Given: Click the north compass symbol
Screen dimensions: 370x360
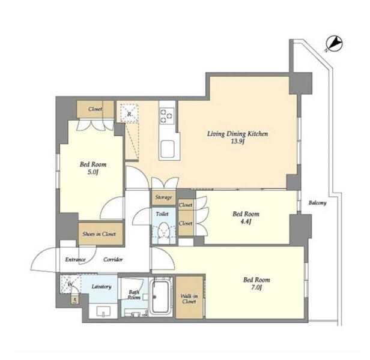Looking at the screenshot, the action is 334,44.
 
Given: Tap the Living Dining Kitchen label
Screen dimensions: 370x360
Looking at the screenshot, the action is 237,134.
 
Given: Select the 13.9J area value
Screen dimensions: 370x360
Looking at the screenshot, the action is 237,142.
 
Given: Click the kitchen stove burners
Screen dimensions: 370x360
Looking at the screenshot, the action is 167,116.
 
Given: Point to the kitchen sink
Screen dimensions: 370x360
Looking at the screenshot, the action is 168,149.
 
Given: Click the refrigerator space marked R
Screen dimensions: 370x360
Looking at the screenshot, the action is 129,113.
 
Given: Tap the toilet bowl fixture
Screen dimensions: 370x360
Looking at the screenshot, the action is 164,231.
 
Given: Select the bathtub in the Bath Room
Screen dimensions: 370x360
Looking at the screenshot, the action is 161,295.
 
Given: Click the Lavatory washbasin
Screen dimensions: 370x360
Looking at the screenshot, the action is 103,311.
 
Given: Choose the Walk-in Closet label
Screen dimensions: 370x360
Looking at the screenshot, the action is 189,299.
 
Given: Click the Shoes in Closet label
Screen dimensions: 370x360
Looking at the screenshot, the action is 99,234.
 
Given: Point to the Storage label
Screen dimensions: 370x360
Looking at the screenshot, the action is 163,197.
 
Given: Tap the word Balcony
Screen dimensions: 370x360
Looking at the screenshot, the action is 317,203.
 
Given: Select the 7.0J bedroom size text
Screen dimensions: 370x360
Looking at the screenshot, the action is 256,287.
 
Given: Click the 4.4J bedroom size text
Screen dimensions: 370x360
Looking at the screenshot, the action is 246,221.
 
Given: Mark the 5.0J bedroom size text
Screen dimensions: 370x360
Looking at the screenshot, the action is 92,172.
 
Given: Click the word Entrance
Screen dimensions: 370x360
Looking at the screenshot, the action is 75,260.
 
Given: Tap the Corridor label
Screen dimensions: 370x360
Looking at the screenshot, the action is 113,260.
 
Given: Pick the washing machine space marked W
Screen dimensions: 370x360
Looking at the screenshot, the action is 70,284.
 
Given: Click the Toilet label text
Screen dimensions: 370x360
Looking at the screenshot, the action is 162,214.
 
